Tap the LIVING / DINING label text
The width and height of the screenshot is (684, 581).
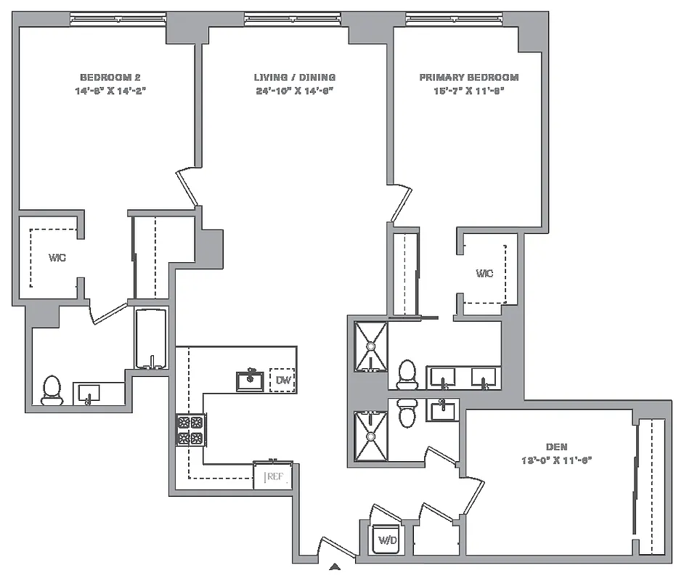(295, 77)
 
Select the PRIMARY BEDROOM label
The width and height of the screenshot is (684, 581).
(469, 77)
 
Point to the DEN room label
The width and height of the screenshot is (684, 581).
(557, 447)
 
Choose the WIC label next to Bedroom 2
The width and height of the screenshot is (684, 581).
(57, 258)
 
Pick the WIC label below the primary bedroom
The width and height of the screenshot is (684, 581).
(484, 273)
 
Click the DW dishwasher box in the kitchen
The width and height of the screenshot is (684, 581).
(282, 379)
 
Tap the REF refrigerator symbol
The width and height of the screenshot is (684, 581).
(274, 476)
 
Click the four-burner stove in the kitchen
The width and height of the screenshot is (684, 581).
(191, 430)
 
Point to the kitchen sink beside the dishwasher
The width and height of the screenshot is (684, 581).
(250, 380)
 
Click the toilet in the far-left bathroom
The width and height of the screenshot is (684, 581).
(52, 390)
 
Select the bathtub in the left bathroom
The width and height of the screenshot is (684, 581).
(151, 339)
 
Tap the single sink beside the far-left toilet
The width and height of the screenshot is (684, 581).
(89, 393)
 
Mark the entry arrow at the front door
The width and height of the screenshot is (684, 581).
(335, 567)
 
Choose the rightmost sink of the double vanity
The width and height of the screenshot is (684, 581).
(484, 378)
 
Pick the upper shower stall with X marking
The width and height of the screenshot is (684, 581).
(370, 346)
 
